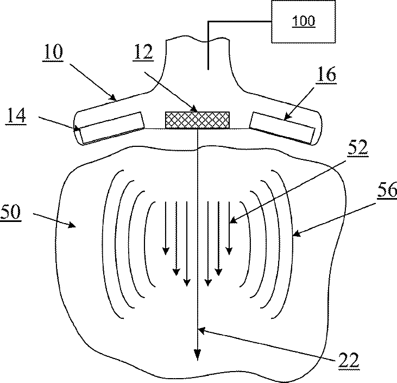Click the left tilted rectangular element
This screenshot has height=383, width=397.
[109, 128]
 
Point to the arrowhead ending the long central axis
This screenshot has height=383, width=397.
[198, 355]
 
